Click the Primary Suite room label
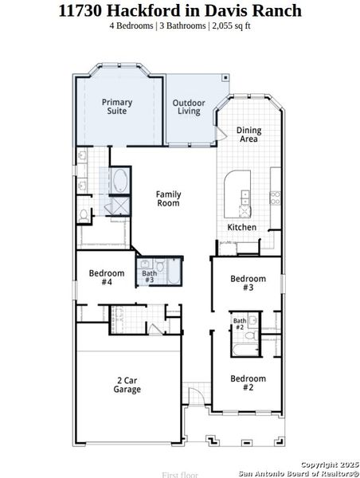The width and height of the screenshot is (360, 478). click(116, 107)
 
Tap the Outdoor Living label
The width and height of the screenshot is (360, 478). click(189, 108)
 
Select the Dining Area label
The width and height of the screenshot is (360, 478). click(249, 135)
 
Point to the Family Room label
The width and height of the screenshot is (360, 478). click(168, 198)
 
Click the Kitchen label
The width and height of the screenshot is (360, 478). click(242, 227)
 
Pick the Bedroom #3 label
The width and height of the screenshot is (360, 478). click(247, 283)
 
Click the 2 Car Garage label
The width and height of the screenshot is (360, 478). click(127, 385)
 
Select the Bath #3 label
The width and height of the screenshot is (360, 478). click(149, 276)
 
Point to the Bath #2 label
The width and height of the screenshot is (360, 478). click(239, 323)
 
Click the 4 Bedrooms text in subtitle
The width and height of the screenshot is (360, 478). click(132, 25)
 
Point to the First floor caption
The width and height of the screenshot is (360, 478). click(179, 474)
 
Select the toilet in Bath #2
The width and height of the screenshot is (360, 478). click(248, 336)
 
